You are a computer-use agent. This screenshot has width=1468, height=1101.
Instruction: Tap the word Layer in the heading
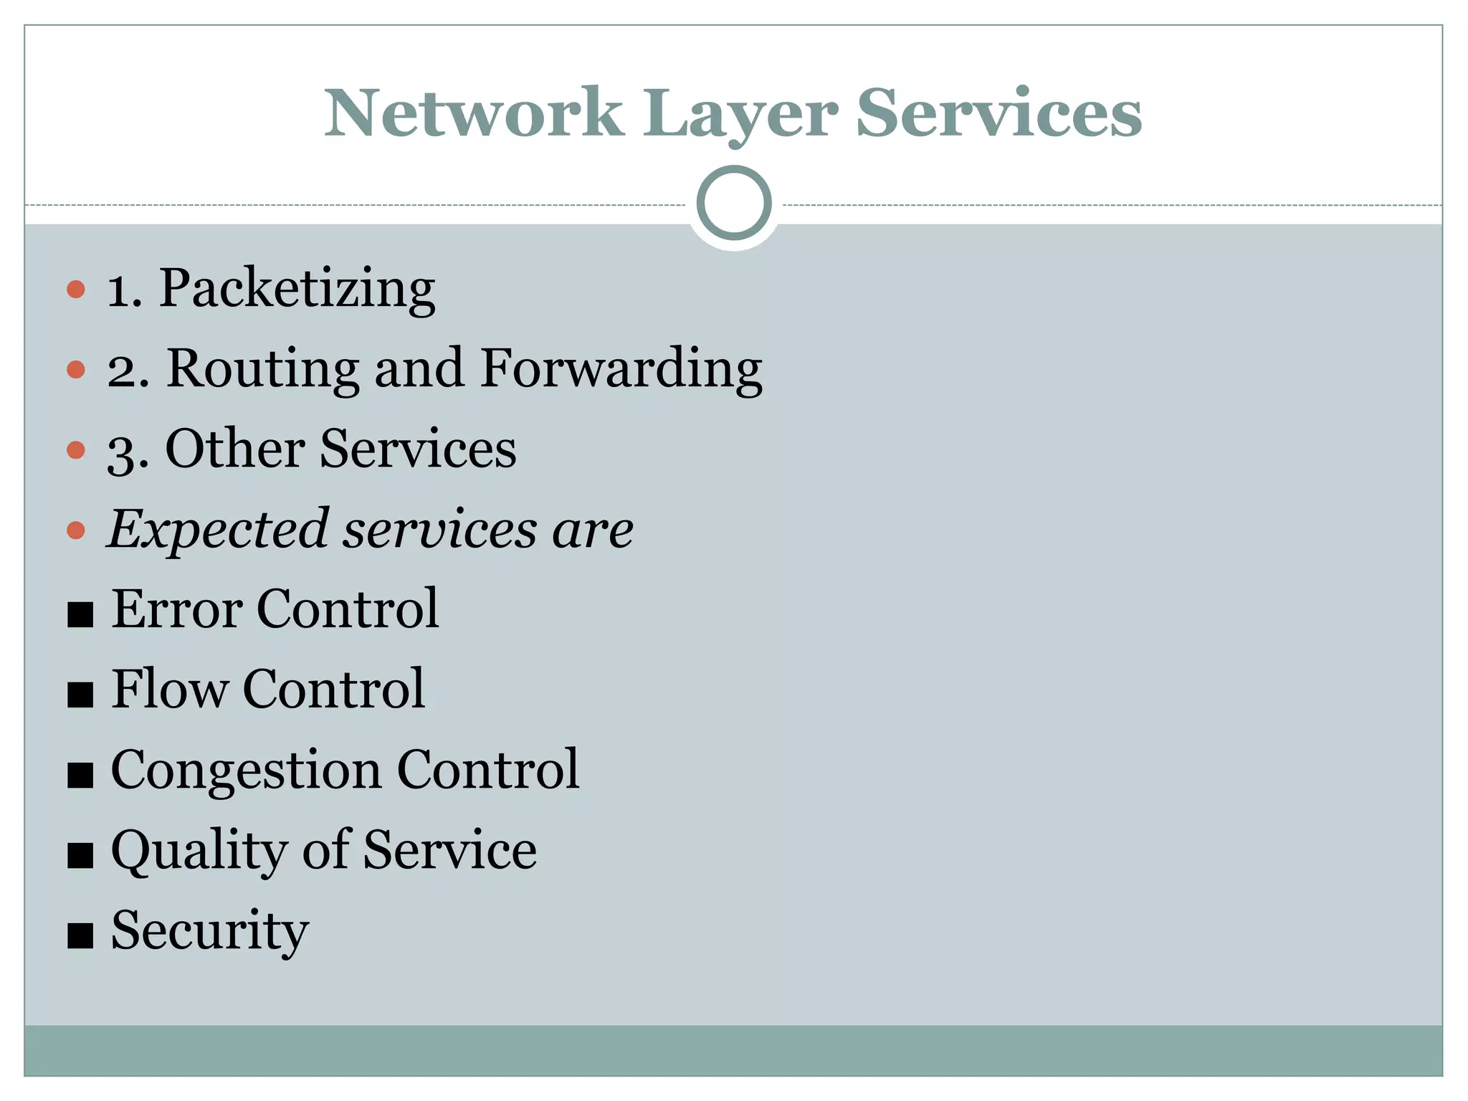tap(739, 115)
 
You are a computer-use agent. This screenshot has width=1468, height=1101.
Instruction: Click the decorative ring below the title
tap(734, 203)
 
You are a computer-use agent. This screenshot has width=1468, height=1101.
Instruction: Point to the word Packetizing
tap(297, 289)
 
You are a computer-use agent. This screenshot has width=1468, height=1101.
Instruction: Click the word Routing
tap(262, 368)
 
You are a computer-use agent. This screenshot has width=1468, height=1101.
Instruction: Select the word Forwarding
tap(621, 370)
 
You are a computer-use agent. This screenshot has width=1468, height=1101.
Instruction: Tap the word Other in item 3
tap(235, 449)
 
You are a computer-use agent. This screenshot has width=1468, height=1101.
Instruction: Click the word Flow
tap(169, 689)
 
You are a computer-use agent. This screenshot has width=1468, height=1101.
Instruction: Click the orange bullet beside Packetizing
tap(76, 290)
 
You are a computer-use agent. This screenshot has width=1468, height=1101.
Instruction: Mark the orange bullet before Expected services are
tap(76, 530)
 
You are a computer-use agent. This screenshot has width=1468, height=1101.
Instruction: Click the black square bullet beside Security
tap(80, 935)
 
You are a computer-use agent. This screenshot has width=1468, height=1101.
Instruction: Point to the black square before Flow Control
tap(80, 695)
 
